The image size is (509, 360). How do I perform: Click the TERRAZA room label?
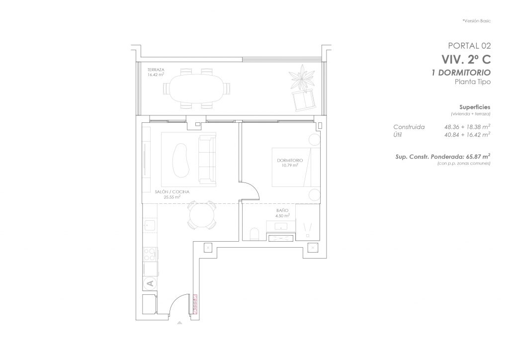point(156,70)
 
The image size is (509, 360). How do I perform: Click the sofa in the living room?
point(207,160)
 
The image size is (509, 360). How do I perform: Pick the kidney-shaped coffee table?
point(180,160)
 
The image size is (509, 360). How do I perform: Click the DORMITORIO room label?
point(290,161)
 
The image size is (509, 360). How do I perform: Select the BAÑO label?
point(282,210)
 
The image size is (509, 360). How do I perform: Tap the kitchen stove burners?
point(150,254)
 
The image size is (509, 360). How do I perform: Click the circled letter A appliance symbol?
point(150,283)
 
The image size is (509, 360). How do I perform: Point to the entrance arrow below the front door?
point(179,323)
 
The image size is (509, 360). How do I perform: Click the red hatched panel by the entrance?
point(195,304)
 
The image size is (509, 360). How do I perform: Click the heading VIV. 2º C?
point(466,60)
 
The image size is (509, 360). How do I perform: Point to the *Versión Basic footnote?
point(477,21)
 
